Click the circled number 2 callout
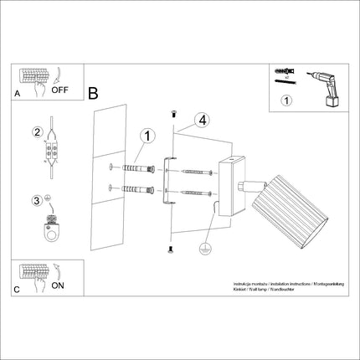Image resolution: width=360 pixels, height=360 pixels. pos(37,131)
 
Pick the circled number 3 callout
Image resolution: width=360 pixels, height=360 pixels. pos(37,200)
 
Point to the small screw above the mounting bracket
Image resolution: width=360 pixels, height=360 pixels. pos(172,112)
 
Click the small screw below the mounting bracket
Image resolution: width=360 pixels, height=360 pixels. pos(169,248)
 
